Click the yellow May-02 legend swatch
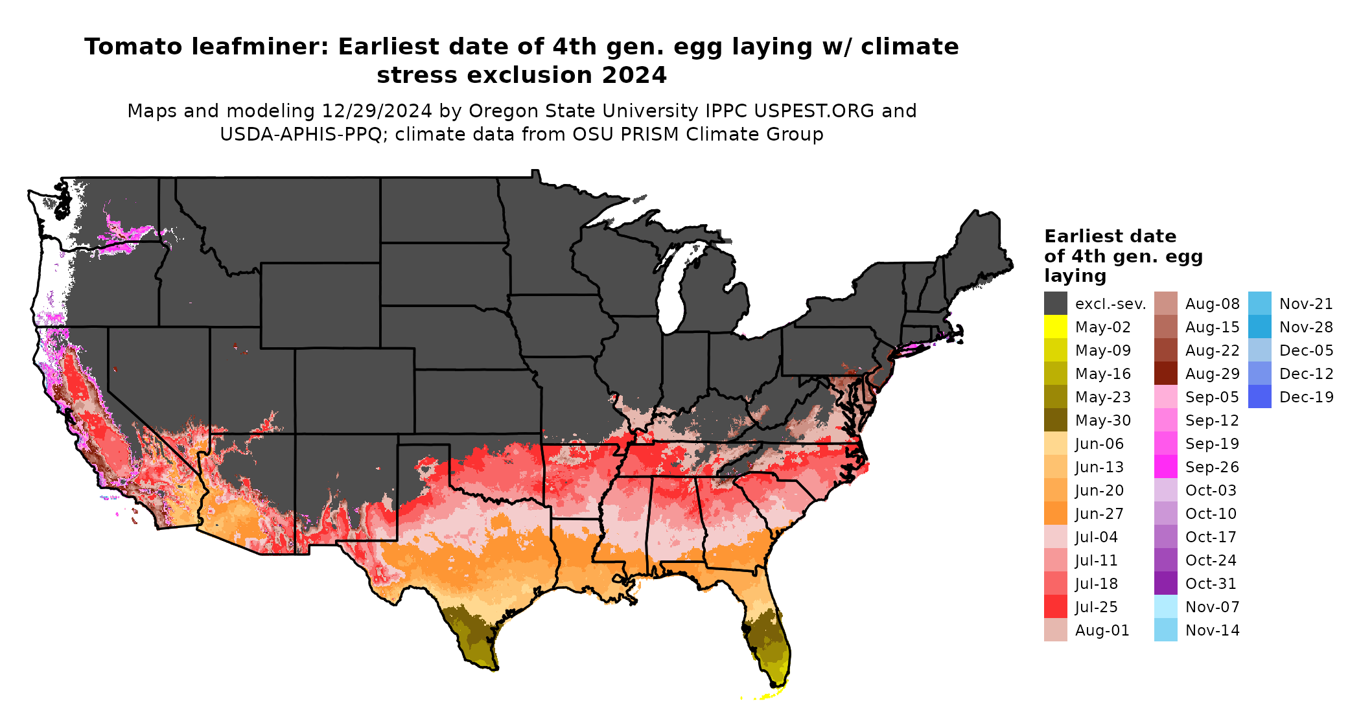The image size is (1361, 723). point(1055,327)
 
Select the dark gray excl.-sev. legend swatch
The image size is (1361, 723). point(1055,303)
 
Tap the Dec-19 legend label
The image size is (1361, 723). point(1306,396)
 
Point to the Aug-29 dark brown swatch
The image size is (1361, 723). point(1165,373)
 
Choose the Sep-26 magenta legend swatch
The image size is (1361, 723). point(1165,466)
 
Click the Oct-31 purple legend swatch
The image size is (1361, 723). point(1165,583)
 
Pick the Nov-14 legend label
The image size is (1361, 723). point(1212,630)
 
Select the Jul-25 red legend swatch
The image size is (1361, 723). point(1055,606)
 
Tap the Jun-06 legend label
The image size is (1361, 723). point(1099,443)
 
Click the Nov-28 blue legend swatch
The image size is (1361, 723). point(1259,327)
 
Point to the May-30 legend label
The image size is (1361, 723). point(1102,420)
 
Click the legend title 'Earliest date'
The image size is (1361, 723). point(1110,236)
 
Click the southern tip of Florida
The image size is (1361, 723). point(775,683)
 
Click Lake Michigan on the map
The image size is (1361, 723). point(674,285)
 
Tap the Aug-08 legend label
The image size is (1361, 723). point(1212,303)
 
